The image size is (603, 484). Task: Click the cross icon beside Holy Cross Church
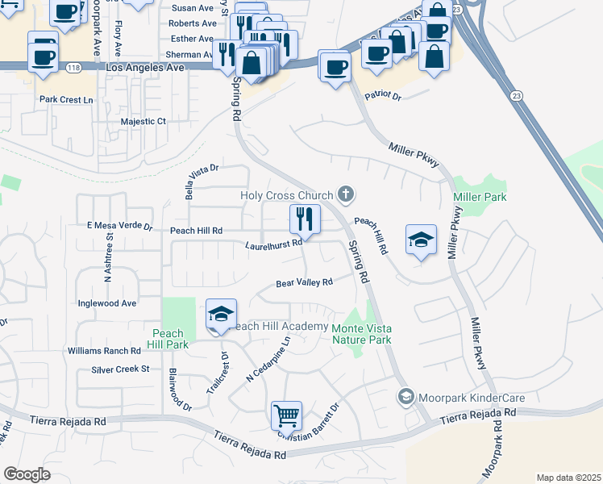346,194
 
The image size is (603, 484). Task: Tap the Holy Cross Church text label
287,195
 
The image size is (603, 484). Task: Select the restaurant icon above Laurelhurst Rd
305,218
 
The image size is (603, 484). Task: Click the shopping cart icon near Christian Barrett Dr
286,416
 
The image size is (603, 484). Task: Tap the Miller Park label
480,198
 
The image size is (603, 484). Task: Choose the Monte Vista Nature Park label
361,333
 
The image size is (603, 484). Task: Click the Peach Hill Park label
167,339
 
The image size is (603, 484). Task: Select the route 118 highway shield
73,67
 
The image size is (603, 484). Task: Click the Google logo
27,474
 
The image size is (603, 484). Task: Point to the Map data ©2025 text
568,478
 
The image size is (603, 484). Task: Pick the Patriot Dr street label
382,95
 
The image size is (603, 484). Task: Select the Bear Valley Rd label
304,283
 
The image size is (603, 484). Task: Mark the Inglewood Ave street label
106,303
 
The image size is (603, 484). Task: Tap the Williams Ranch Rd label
104,351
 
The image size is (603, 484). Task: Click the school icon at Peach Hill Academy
221,315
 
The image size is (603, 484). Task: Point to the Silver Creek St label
121,369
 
